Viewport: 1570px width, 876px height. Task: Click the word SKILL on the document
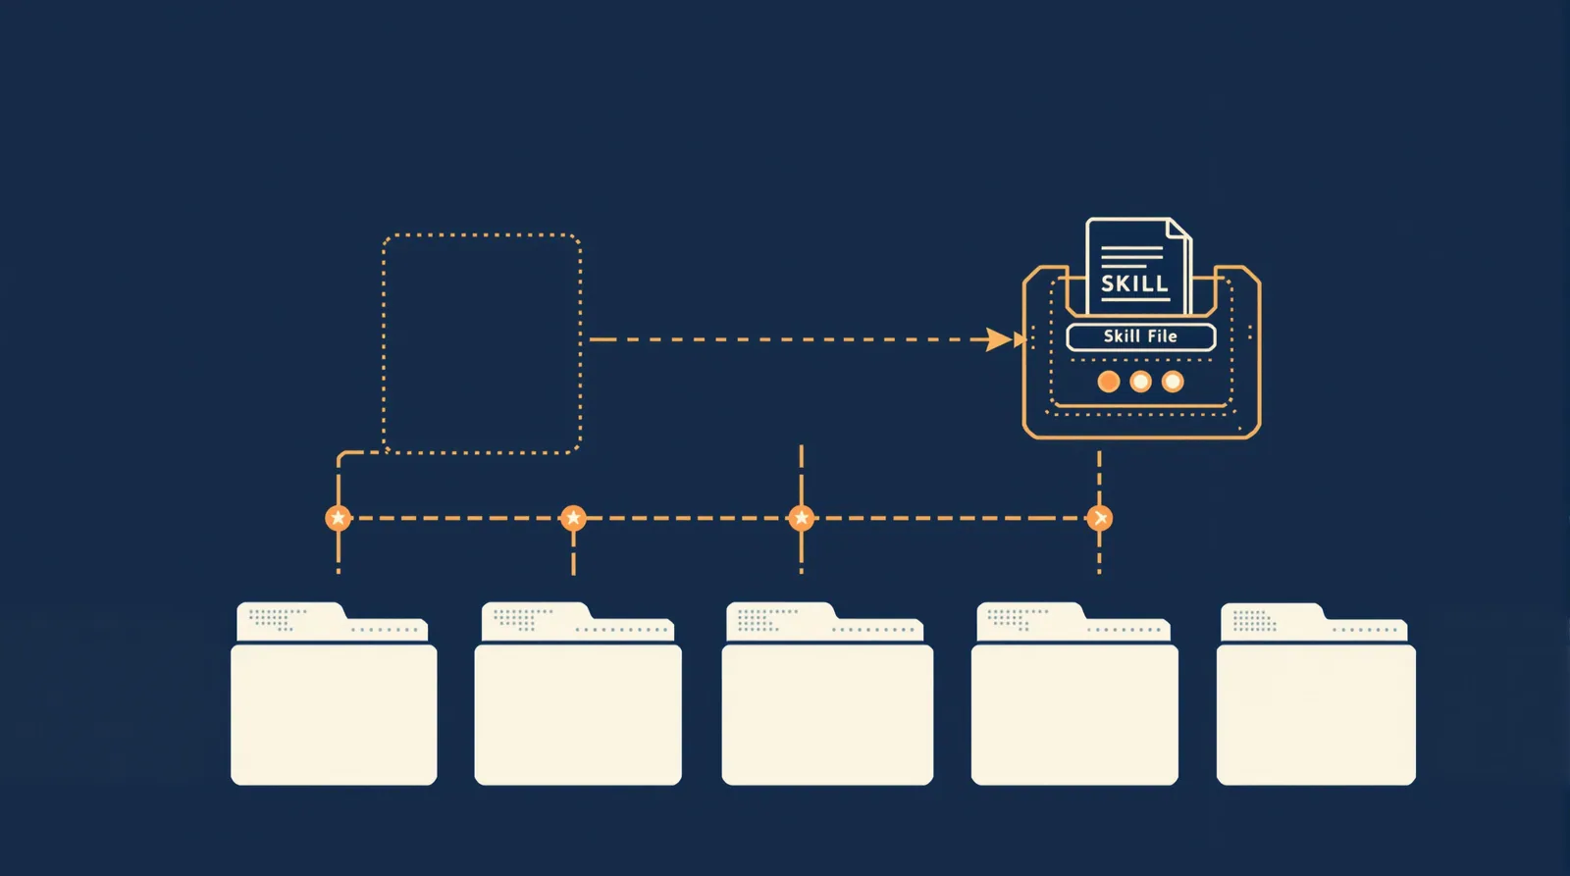1134,283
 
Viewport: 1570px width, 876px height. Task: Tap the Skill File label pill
1140,337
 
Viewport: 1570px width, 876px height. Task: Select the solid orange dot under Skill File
1108,382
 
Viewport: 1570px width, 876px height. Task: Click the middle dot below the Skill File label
1140,382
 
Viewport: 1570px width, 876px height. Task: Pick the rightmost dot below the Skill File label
1173,382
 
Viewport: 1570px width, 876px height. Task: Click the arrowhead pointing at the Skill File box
1000,339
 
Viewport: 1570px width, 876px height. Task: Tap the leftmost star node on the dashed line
338,518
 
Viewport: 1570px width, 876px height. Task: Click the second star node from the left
573,518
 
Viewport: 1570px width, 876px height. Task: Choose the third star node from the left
801,518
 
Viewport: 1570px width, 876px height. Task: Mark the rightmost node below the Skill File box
1099,518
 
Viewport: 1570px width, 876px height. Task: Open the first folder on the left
334,694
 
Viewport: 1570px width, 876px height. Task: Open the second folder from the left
578,694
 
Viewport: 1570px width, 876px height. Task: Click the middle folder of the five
827,694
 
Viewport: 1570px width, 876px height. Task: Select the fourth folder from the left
1074,694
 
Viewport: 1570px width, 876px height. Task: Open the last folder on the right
1316,694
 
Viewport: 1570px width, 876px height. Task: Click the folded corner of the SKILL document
1177,229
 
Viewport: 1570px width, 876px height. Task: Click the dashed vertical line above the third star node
801,475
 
